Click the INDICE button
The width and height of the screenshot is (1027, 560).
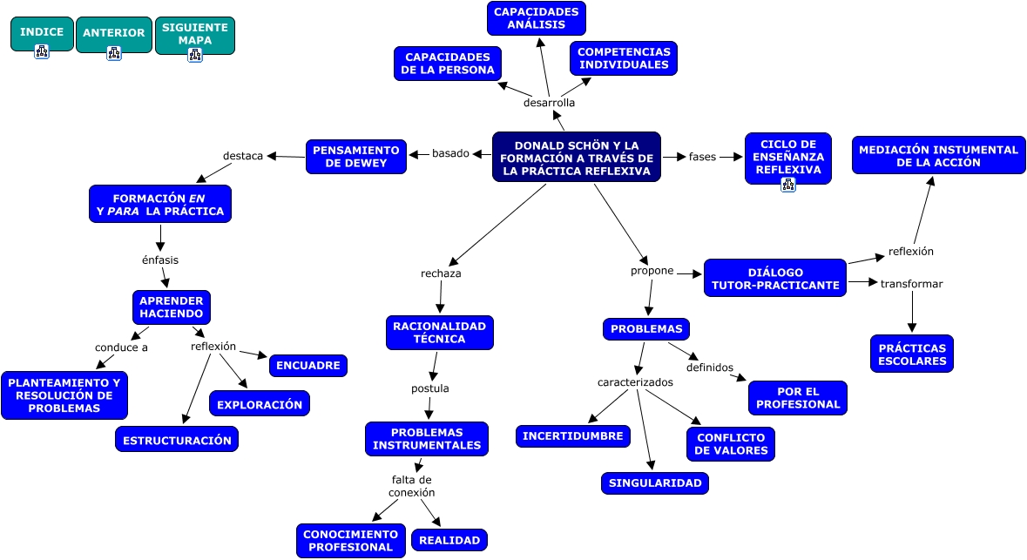coord(42,33)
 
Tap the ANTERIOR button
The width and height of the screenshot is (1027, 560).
coord(113,34)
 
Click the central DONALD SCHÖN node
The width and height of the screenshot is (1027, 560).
coord(576,158)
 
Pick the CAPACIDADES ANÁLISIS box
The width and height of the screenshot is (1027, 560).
coord(536,18)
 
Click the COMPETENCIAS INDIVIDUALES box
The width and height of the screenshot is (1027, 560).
coord(624,58)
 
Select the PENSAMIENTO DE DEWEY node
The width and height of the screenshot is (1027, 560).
coord(356,157)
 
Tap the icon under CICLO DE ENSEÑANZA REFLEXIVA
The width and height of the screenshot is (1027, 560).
coord(788,184)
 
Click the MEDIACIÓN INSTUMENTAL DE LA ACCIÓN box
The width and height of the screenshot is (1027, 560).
coord(938,156)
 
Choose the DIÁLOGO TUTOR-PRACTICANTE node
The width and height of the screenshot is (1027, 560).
coord(774,279)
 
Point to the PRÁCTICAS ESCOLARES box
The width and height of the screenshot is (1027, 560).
coord(911,354)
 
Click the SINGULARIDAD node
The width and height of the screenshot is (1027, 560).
coord(654,483)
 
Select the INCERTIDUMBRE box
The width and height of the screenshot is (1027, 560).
coord(573,435)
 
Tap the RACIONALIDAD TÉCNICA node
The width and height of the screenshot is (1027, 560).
coord(439,332)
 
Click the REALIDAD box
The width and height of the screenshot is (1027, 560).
coord(449,540)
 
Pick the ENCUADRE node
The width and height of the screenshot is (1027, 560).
coord(307,366)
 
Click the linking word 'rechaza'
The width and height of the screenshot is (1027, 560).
coord(441,273)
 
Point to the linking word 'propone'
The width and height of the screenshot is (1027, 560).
coord(652,271)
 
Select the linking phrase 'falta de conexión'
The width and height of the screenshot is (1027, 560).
coord(411,486)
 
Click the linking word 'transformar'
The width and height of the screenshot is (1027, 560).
coord(911,284)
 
